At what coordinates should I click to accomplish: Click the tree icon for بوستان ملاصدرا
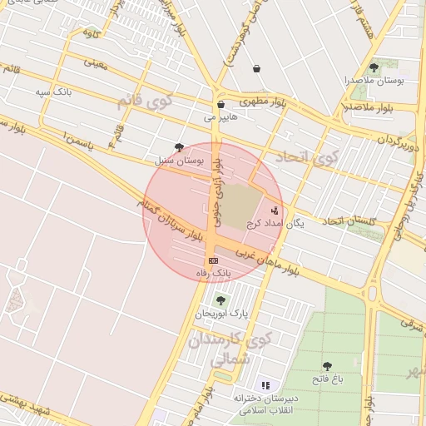point(373,67)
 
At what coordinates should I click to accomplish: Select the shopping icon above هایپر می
point(220,105)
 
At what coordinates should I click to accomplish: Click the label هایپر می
point(221,117)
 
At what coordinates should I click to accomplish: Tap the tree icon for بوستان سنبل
point(179,146)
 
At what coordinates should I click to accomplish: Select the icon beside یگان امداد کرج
point(275,210)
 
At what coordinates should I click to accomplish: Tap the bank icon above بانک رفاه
point(214,260)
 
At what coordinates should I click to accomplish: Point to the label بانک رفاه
point(214,273)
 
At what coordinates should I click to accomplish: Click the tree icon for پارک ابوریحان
point(220,300)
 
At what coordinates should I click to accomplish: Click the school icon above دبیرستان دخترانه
point(265,385)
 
